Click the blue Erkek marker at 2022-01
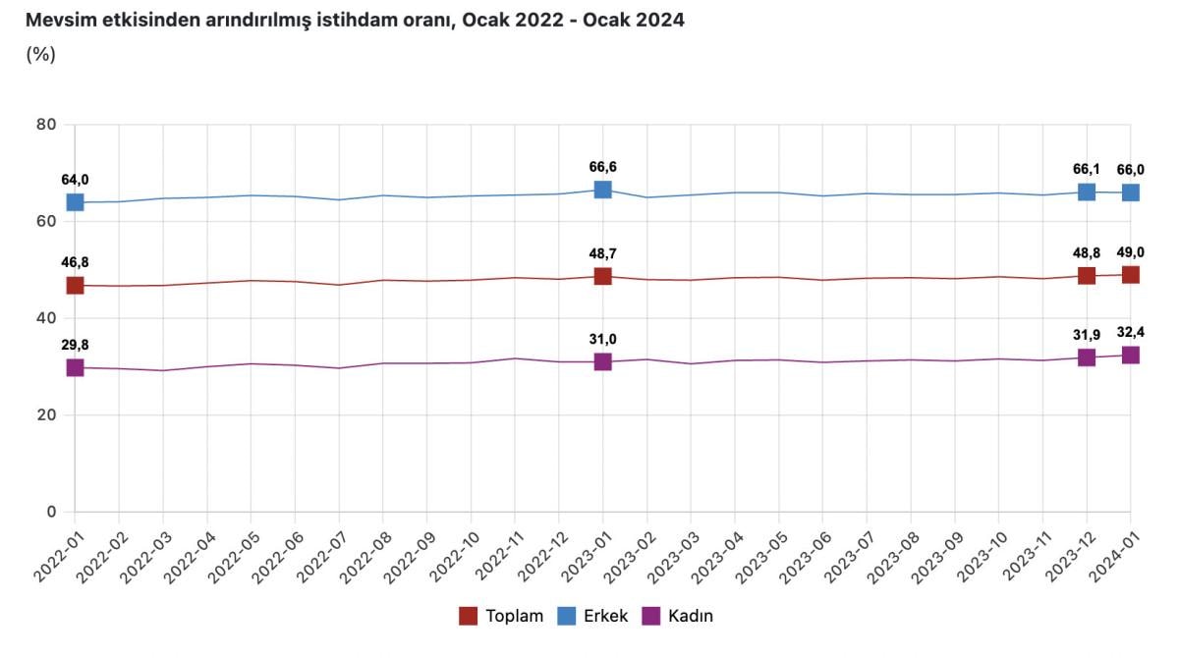75,202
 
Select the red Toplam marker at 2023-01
602,277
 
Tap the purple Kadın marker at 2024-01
1131,355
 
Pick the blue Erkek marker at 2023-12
1087,192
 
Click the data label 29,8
75,345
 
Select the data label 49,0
1131,252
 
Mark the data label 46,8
75,262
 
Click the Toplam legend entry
501,616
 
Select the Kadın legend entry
677,616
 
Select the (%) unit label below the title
40,54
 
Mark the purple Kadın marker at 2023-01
602,361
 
